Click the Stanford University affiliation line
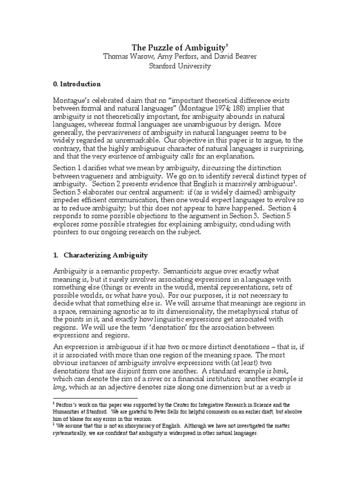(x=180, y=66)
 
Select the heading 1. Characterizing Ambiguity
(x=100, y=255)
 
